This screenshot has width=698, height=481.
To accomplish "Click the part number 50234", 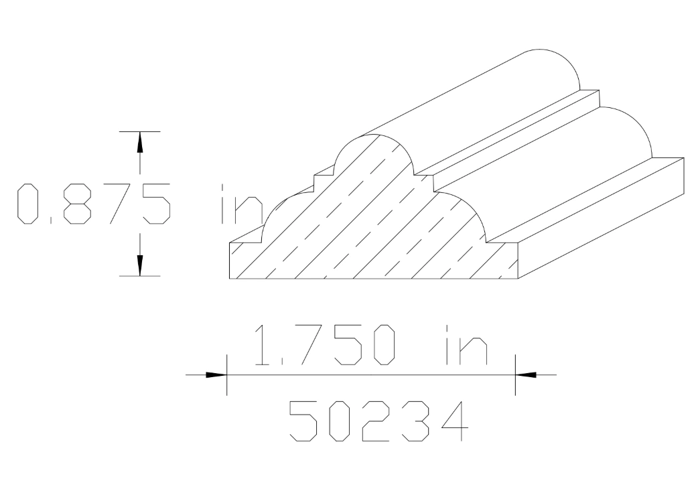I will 377,420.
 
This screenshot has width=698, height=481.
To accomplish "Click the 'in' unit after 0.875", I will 240,203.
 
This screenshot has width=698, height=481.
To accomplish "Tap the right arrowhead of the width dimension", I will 527,375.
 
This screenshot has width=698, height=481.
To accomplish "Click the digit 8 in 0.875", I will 73,203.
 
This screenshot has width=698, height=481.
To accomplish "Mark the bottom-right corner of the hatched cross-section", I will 519,276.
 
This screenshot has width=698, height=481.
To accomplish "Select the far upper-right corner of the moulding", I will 683,158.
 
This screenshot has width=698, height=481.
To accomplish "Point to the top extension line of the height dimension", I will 139,131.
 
